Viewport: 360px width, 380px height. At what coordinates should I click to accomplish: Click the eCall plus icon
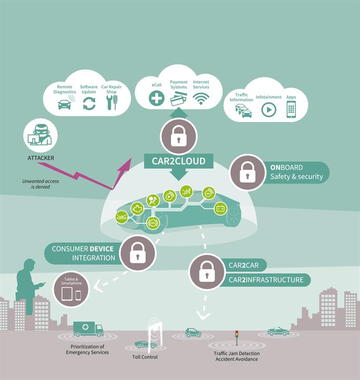click(156, 98)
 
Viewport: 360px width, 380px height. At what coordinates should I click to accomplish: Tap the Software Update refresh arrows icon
click(89, 104)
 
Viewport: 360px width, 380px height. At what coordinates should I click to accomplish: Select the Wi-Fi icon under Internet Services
click(201, 99)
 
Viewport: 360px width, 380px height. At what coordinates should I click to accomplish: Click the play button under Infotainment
click(269, 110)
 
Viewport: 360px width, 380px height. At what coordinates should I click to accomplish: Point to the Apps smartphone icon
click(291, 110)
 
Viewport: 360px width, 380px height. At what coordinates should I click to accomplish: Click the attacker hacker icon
click(40, 135)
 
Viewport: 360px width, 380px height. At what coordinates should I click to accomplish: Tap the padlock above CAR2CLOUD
click(178, 136)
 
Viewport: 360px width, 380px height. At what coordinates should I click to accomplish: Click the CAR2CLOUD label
click(179, 161)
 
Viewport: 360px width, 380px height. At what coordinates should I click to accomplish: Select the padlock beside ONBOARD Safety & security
click(247, 172)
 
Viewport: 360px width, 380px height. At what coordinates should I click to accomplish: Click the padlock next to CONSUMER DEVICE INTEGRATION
click(138, 253)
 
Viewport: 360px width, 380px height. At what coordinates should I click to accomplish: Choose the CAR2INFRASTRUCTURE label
click(266, 280)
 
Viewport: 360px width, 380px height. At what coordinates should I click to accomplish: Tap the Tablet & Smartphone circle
click(71, 289)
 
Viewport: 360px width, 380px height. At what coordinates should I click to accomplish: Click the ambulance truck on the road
click(88, 329)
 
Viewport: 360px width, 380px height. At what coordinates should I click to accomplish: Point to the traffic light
click(237, 337)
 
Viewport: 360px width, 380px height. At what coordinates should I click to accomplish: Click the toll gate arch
click(155, 334)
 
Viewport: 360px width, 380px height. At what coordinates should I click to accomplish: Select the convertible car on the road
click(278, 331)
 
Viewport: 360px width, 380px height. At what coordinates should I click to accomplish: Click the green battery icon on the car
click(220, 209)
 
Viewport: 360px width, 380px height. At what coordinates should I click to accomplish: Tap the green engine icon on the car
click(137, 209)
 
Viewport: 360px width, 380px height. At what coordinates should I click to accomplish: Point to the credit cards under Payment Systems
click(178, 100)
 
